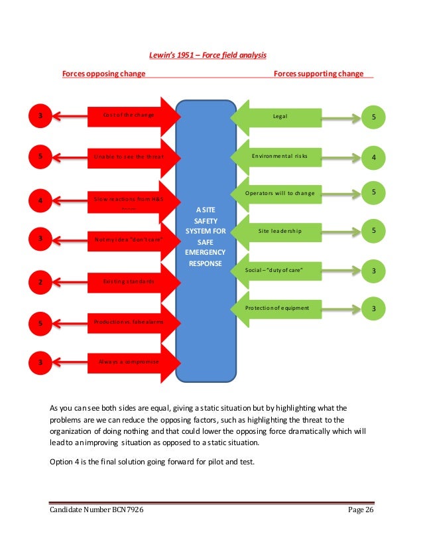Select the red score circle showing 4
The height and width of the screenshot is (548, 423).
pos(40,198)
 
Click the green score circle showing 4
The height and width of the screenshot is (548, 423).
pos(373,158)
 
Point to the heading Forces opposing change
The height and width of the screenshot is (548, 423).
pos(103,74)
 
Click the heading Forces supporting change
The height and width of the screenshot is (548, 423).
pos(319,74)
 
